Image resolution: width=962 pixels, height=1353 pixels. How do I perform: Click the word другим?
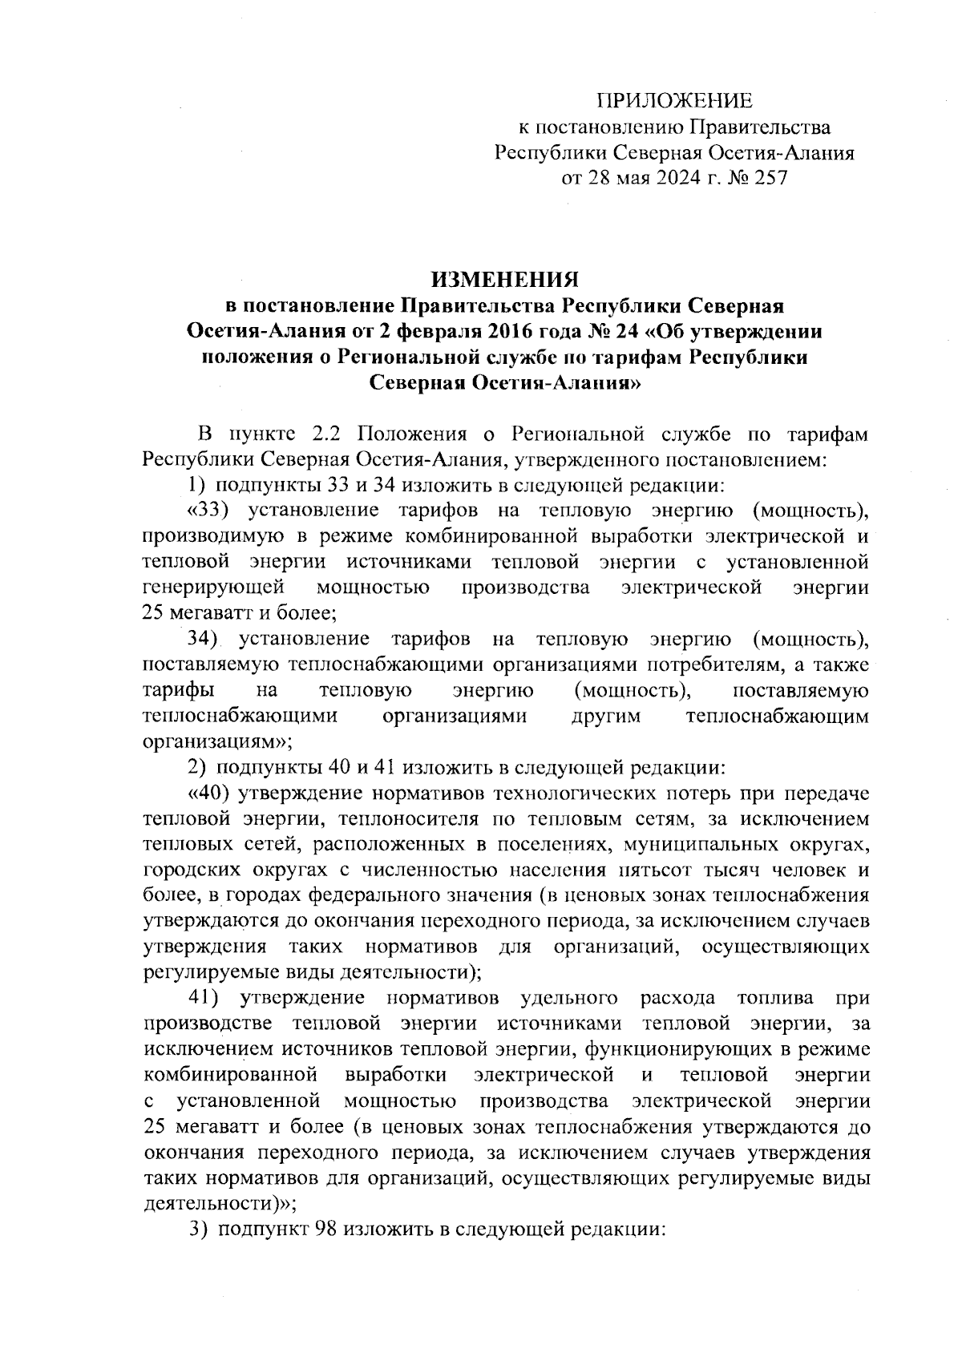pyautogui.click(x=605, y=716)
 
